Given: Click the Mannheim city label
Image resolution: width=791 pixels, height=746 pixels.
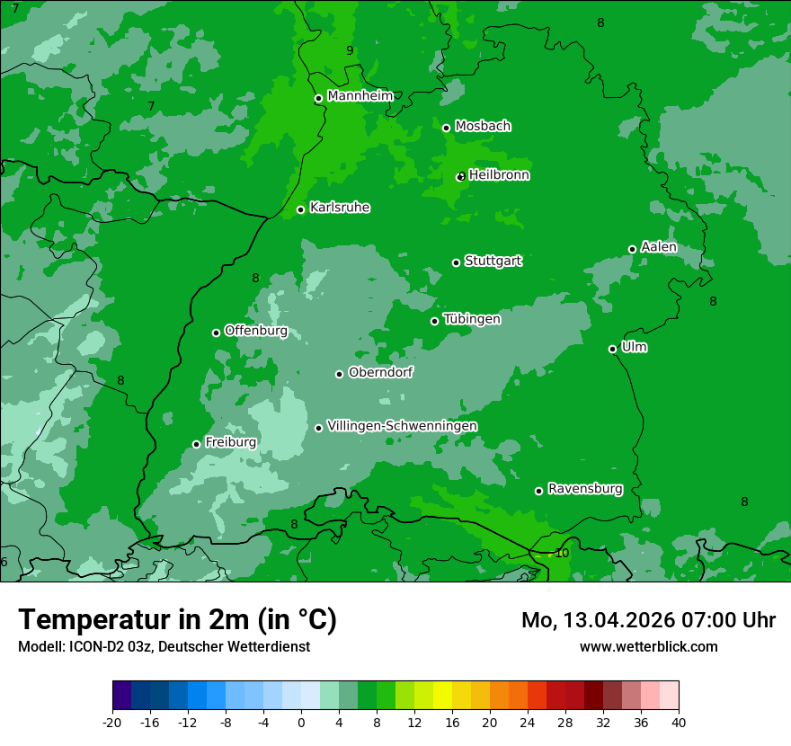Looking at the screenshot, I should (360, 96).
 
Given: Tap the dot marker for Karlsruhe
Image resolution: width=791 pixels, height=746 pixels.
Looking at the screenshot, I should (301, 210).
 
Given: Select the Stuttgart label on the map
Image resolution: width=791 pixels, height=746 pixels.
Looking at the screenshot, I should (493, 262).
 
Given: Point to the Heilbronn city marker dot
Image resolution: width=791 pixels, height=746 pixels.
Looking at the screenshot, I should (460, 177).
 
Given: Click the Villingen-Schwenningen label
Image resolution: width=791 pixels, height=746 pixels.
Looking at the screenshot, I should (402, 426).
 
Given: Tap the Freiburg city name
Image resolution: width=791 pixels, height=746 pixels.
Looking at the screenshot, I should (230, 442).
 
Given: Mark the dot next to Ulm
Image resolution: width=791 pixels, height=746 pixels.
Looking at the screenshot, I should (613, 349).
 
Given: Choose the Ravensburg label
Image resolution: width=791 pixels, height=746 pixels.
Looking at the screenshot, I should (584, 489).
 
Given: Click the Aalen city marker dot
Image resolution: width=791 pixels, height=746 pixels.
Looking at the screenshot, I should (633, 249).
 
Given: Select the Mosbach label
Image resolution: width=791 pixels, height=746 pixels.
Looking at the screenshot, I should (483, 127).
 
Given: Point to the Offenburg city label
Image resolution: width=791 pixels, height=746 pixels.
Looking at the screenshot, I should (255, 331).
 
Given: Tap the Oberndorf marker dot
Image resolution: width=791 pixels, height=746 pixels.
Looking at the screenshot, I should (340, 374).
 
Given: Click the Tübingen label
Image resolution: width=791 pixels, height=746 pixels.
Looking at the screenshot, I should (472, 319).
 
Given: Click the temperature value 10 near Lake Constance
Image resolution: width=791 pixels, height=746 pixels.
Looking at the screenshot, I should (562, 553).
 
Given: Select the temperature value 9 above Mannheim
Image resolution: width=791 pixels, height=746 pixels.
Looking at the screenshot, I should (350, 51).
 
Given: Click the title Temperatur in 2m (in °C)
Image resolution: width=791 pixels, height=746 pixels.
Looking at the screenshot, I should (177, 619).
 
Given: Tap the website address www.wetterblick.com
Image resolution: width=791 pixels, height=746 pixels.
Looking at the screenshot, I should (648, 646).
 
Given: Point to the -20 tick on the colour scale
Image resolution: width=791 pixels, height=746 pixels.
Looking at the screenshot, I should (112, 722).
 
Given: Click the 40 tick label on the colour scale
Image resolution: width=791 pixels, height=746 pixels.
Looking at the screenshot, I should (678, 722).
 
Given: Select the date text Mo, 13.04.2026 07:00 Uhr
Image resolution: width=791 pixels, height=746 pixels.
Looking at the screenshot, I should (648, 620).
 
